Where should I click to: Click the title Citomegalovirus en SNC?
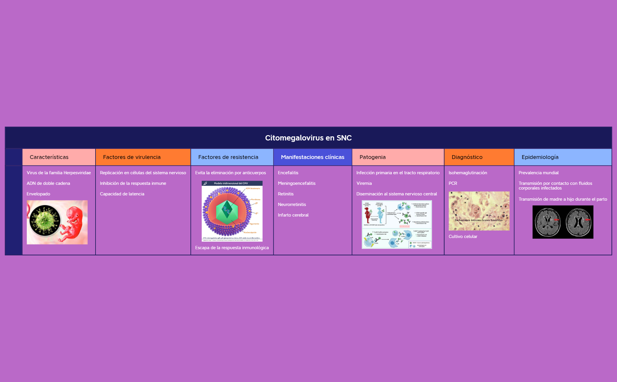tap(308, 138)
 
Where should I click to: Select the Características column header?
tap(49, 157)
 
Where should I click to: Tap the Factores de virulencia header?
tap(132, 157)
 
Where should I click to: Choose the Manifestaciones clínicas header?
tap(312, 157)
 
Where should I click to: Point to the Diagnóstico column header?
tap(467, 157)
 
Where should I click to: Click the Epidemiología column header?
tap(540, 157)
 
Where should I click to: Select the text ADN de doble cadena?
tap(48, 183)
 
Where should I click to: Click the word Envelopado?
tap(38, 194)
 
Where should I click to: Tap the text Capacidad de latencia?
tap(122, 194)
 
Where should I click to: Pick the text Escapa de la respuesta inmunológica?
tap(232, 248)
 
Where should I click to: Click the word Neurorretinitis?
tap(292, 205)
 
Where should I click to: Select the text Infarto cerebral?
tap(293, 215)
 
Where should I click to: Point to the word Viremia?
tap(364, 183)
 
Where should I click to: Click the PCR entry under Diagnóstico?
tap(453, 183)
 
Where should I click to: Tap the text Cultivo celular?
tap(463, 237)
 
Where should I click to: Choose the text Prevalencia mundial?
tap(538, 173)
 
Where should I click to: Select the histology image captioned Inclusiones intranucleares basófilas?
tap(479, 211)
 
